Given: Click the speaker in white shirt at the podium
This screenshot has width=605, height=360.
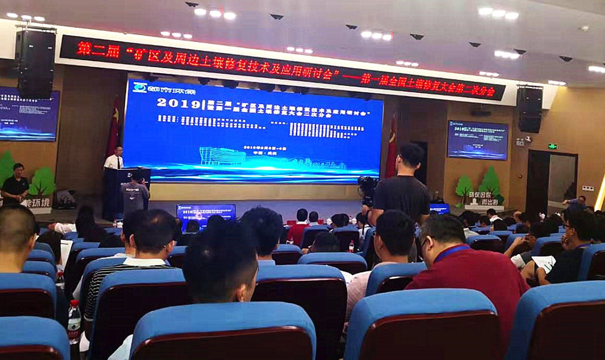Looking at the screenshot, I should (x=114, y=158).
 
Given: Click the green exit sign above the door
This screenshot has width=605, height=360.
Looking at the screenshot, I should (x=552, y=146).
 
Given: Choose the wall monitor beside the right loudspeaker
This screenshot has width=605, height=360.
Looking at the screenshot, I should (x=477, y=140).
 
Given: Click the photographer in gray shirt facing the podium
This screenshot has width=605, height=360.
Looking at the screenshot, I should (x=135, y=194).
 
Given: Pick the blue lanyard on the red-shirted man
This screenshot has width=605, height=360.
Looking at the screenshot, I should (x=449, y=252).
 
